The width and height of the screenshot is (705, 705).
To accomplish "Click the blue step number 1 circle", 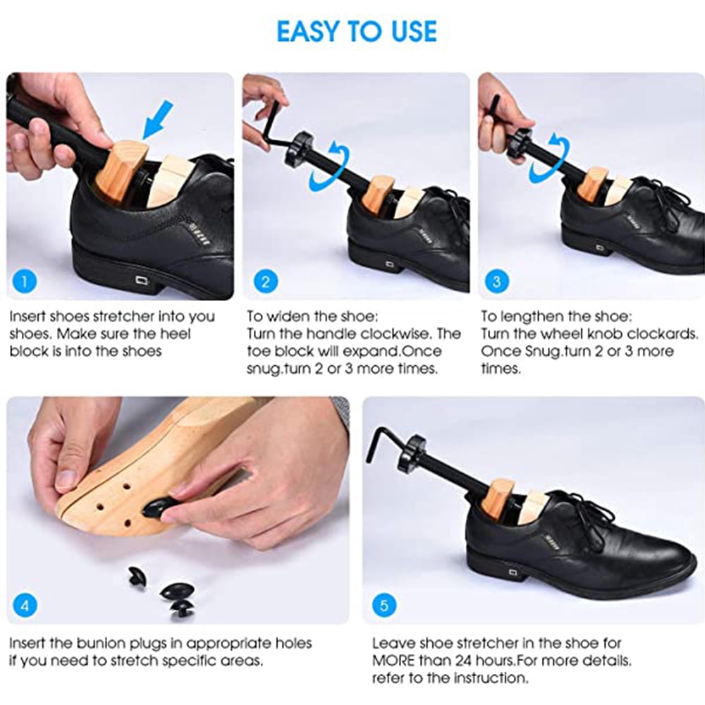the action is tap(24, 281).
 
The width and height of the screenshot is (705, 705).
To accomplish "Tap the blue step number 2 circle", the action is tap(266, 281).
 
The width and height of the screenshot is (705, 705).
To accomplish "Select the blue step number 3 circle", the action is tap(497, 281).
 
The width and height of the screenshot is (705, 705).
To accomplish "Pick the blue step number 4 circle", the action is tap(25, 605).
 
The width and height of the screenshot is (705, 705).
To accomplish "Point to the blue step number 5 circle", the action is tap(384, 605).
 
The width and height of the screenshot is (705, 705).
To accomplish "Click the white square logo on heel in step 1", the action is tap(142, 281).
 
